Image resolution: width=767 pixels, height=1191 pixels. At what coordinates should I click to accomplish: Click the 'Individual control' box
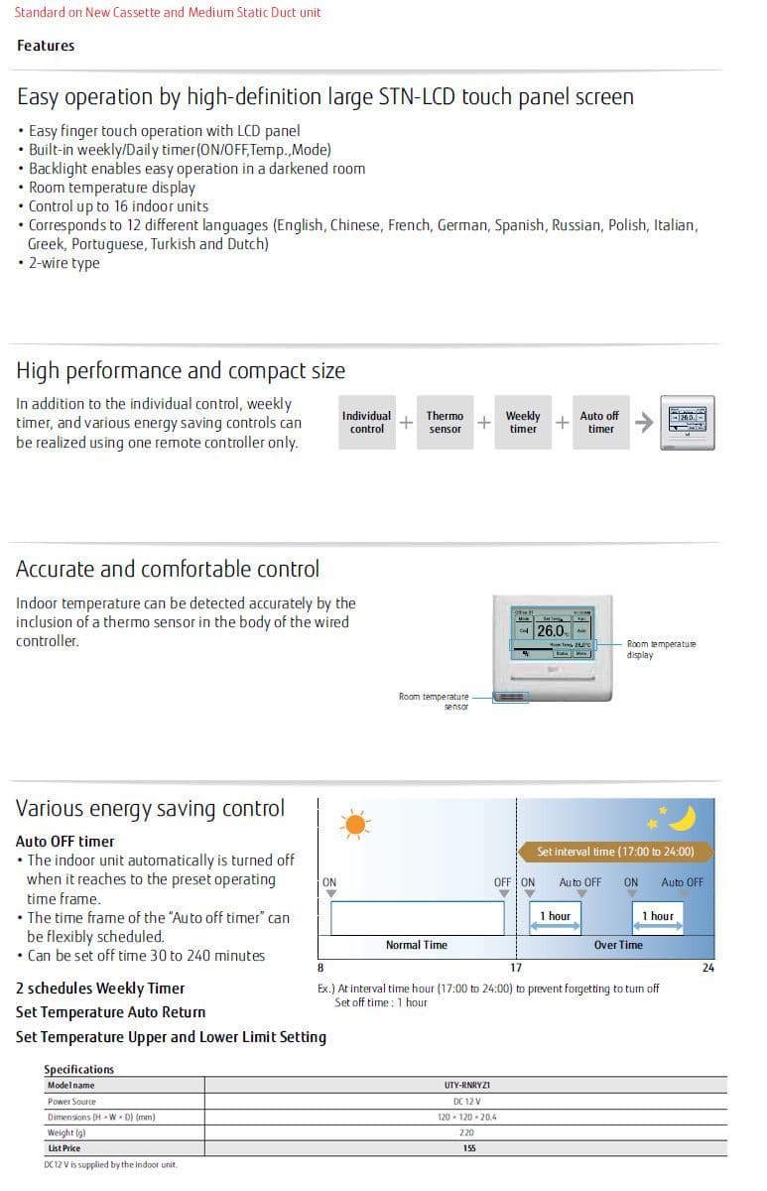tap(366, 423)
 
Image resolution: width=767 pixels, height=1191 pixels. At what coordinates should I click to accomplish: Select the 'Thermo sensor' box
tap(445, 423)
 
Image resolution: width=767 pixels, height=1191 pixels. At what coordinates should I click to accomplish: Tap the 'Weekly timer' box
tap(523, 423)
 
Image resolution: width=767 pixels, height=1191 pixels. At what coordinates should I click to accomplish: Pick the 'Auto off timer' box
tap(599, 423)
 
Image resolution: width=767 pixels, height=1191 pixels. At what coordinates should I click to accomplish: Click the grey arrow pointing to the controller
tap(644, 423)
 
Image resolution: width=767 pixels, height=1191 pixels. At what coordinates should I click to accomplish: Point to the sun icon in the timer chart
tap(354, 824)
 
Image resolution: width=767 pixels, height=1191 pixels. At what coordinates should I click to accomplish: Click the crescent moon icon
tap(681, 818)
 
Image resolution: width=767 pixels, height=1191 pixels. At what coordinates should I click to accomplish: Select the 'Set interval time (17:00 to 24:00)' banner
tap(615, 852)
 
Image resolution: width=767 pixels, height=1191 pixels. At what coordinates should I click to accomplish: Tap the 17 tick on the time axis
tap(516, 968)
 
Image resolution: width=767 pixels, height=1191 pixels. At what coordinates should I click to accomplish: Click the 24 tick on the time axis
tap(707, 968)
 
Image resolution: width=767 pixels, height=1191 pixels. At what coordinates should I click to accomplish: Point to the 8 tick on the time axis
tap(320, 968)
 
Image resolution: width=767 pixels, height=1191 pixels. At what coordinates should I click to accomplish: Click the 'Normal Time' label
tap(416, 945)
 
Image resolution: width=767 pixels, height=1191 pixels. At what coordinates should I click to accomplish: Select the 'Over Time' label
tap(618, 945)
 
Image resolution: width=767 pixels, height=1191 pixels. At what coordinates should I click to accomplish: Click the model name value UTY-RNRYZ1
tap(467, 1086)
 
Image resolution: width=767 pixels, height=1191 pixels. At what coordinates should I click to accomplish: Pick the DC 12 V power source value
tap(467, 1102)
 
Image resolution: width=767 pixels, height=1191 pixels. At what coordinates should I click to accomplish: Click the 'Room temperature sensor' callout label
tap(434, 701)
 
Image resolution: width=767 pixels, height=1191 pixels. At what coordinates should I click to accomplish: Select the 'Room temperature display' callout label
tap(661, 649)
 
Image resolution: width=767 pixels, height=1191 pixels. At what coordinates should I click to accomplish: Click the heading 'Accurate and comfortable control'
tap(168, 570)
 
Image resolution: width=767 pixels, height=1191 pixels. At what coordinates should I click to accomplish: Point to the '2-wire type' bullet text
tap(64, 263)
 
